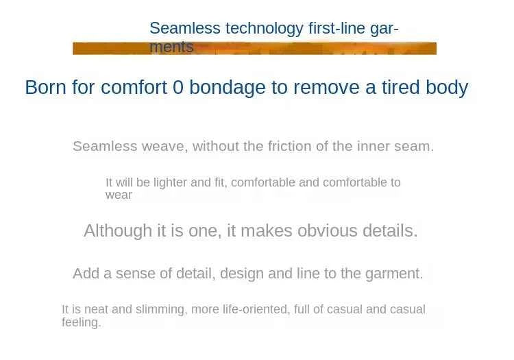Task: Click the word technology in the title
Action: click(x=265, y=29)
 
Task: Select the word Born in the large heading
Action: click(x=45, y=88)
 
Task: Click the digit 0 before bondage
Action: click(x=178, y=88)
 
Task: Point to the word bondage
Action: click(x=227, y=88)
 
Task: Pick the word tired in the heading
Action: click(x=401, y=88)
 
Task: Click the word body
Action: click(x=447, y=88)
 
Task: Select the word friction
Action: click(x=290, y=146)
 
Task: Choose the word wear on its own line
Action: click(x=119, y=195)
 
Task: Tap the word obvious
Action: click(x=327, y=231)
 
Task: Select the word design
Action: click(x=242, y=274)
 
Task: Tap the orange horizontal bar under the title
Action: click(x=254, y=49)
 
